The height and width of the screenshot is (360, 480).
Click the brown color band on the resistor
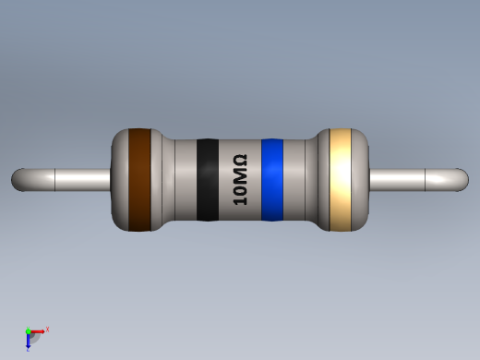tap(139, 179)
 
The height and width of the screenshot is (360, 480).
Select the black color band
tap(208, 180)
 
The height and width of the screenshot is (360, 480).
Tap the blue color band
tap(271, 180)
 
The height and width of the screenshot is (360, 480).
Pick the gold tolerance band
tap(342, 179)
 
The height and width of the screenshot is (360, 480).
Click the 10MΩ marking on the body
tap(239, 179)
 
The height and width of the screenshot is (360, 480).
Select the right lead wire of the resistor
tap(415, 179)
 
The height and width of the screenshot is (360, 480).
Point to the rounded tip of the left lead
tap(18, 179)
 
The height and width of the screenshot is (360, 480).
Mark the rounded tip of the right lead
tap(462, 179)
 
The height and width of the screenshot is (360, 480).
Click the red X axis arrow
tap(38, 330)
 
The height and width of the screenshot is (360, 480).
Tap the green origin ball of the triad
tap(29, 331)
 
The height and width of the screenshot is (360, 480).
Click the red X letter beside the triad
tap(47, 329)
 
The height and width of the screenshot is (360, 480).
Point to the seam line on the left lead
tap(55, 179)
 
